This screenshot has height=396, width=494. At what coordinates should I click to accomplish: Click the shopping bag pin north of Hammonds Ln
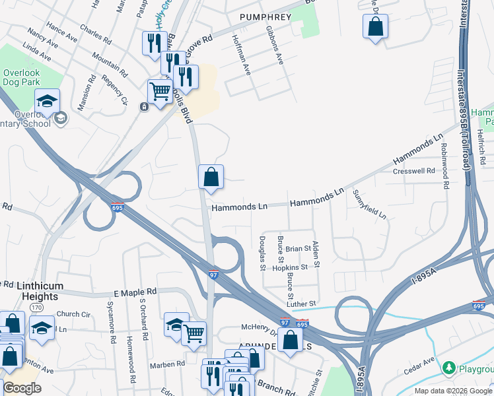(211, 178)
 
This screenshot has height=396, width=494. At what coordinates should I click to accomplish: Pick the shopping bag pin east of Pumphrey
(375, 28)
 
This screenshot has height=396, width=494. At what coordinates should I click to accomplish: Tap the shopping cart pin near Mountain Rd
(160, 92)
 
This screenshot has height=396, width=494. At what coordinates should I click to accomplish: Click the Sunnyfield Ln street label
(370, 205)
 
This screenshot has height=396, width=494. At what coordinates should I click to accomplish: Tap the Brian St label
(298, 248)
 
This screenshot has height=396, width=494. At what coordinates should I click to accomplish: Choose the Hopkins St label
(290, 267)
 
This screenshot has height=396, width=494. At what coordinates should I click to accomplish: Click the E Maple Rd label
(135, 291)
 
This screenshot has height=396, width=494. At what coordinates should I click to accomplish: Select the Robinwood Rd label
(444, 166)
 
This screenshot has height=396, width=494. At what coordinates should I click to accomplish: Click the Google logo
(22, 387)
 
